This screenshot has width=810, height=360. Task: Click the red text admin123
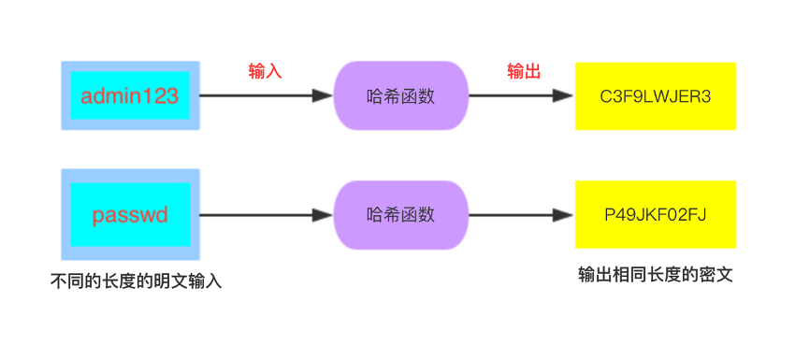click(129, 95)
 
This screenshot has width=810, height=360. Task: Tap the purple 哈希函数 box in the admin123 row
click(401, 95)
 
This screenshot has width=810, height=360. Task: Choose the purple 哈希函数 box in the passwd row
click(401, 214)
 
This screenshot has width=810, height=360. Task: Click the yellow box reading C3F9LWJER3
click(655, 95)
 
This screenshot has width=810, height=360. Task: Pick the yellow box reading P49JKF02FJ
click(655, 214)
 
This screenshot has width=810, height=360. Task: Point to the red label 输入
click(265, 72)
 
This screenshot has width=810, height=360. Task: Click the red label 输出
click(524, 72)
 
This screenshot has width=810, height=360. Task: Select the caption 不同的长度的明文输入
click(136, 281)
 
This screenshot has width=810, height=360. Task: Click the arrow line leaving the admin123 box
click(253, 95)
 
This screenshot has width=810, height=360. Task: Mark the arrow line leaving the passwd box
click(253, 214)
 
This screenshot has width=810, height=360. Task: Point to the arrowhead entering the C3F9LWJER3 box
click(564, 95)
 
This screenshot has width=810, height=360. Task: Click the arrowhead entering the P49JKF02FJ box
click(564, 214)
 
